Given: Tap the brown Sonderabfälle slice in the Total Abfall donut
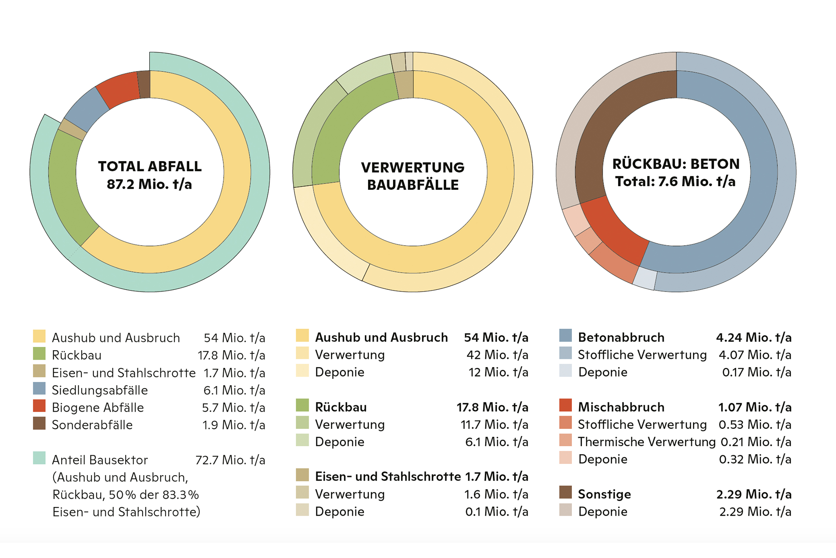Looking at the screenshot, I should click(x=144, y=84).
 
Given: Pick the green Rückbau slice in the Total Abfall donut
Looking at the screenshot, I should click(x=68, y=185).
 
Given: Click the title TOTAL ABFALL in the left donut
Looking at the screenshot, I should click(x=150, y=166).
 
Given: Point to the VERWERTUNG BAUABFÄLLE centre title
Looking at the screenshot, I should click(x=413, y=176).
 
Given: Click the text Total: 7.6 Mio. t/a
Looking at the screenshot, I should click(x=675, y=181).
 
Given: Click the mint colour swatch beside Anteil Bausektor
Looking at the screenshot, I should click(x=39, y=458).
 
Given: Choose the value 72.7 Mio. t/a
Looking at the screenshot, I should click(x=230, y=460).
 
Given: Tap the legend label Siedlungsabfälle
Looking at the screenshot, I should click(x=100, y=390).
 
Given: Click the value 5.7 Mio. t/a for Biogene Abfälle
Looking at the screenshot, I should click(x=233, y=407).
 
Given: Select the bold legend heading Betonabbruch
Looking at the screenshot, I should click(x=621, y=337).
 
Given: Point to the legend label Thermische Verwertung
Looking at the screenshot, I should click(x=646, y=442).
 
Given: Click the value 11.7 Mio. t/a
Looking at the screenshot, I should click(x=494, y=424).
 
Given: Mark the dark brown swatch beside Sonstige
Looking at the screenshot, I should click(x=565, y=492).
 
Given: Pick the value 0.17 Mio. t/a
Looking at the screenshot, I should click(x=757, y=372).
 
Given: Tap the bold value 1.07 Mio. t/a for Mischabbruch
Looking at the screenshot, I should click(x=755, y=407).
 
